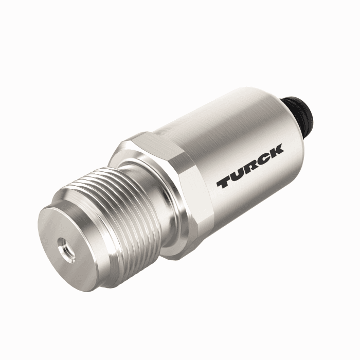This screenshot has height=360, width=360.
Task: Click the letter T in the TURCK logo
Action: pyautogui.click(x=224, y=182)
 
